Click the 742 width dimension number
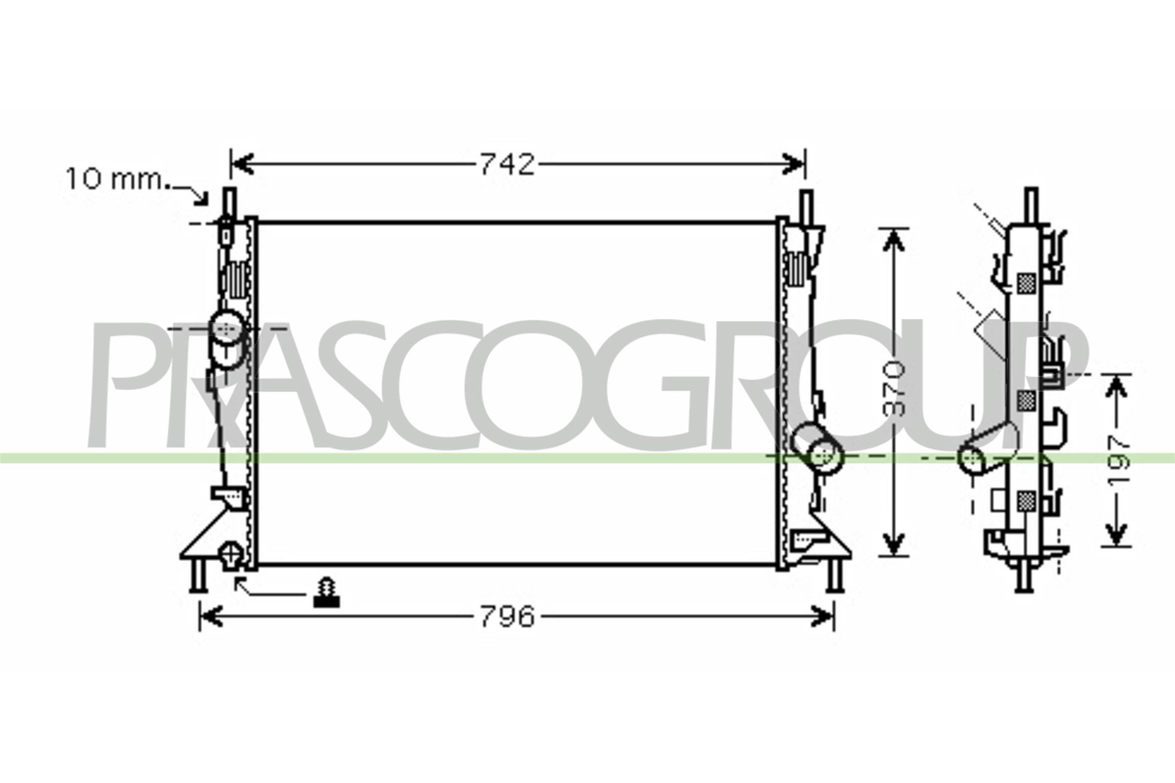(x=507, y=164)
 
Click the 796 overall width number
(x=507, y=617)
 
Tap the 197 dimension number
(x=1117, y=460)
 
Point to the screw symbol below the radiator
(x=326, y=593)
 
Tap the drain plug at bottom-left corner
(x=231, y=555)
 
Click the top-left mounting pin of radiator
(x=229, y=202)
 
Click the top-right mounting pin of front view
(x=805, y=205)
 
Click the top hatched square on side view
(x=1026, y=283)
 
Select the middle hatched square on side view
(x=1026, y=400)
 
